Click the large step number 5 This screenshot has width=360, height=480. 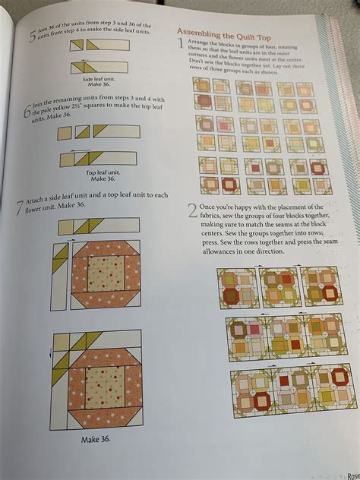[30, 35]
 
